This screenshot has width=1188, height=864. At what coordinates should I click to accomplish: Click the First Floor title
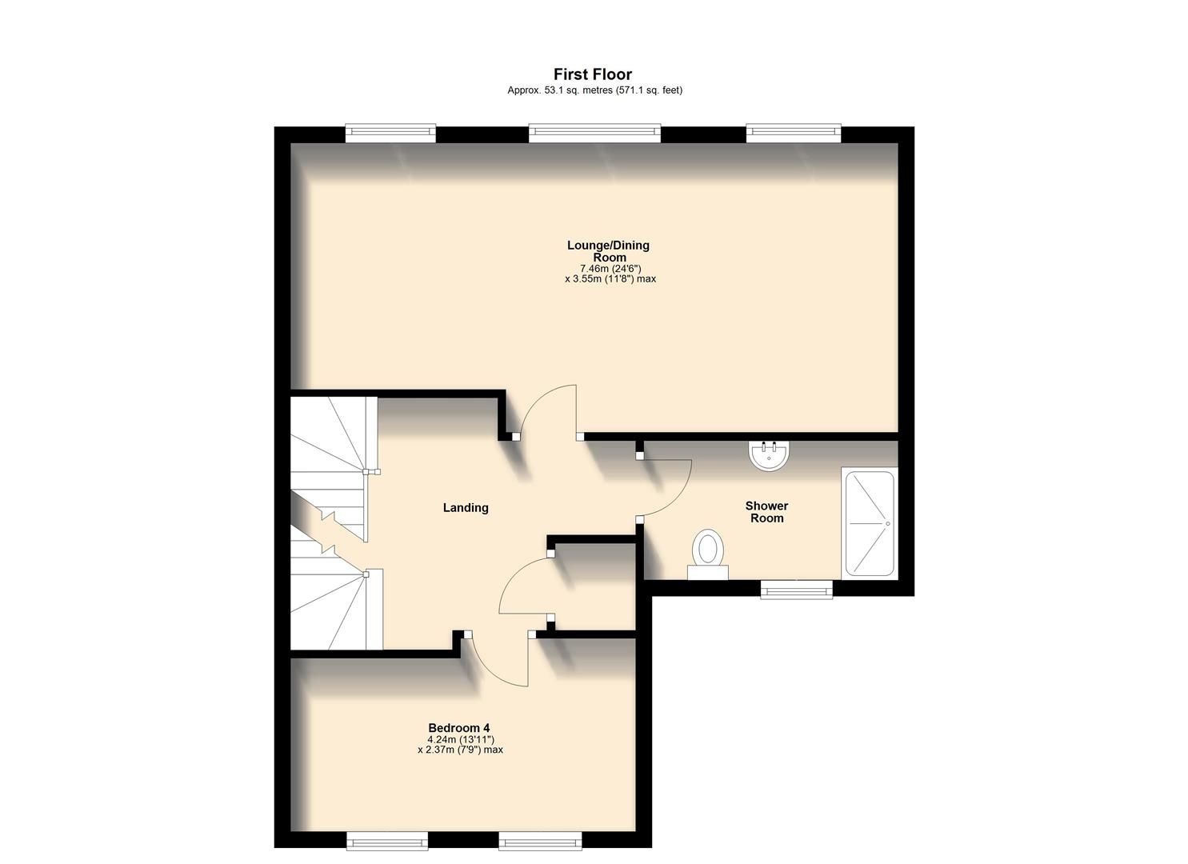click(594, 74)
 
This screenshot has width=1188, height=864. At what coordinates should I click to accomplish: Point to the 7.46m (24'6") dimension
click(610, 269)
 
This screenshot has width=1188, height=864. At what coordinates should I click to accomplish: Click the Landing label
click(466, 508)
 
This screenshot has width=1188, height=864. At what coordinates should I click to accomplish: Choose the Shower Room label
click(766, 512)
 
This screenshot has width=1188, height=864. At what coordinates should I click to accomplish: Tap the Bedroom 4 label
click(459, 728)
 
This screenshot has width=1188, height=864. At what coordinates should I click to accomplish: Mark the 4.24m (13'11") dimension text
click(460, 739)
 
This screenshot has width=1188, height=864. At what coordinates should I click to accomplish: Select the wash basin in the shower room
click(770, 456)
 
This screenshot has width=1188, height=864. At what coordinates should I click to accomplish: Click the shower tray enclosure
click(869, 523)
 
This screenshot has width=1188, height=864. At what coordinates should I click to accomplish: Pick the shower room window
click(796, 590)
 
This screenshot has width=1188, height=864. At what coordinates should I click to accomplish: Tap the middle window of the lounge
click(594, 134)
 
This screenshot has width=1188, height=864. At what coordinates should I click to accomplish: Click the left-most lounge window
click(390, 134)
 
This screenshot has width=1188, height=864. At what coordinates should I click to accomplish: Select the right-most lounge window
click(794, 134)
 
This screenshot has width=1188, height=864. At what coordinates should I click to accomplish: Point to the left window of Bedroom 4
click(387, 841)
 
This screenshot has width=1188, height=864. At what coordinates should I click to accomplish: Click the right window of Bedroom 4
click(540, 841)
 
